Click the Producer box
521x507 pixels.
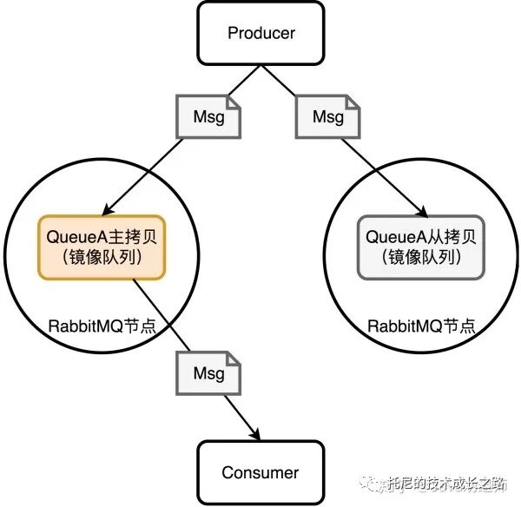261,34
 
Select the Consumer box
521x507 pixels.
260,472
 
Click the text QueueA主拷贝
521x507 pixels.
101,237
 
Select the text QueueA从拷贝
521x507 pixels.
421,237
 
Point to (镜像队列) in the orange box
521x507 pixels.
101,258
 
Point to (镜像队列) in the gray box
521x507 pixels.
421,258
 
